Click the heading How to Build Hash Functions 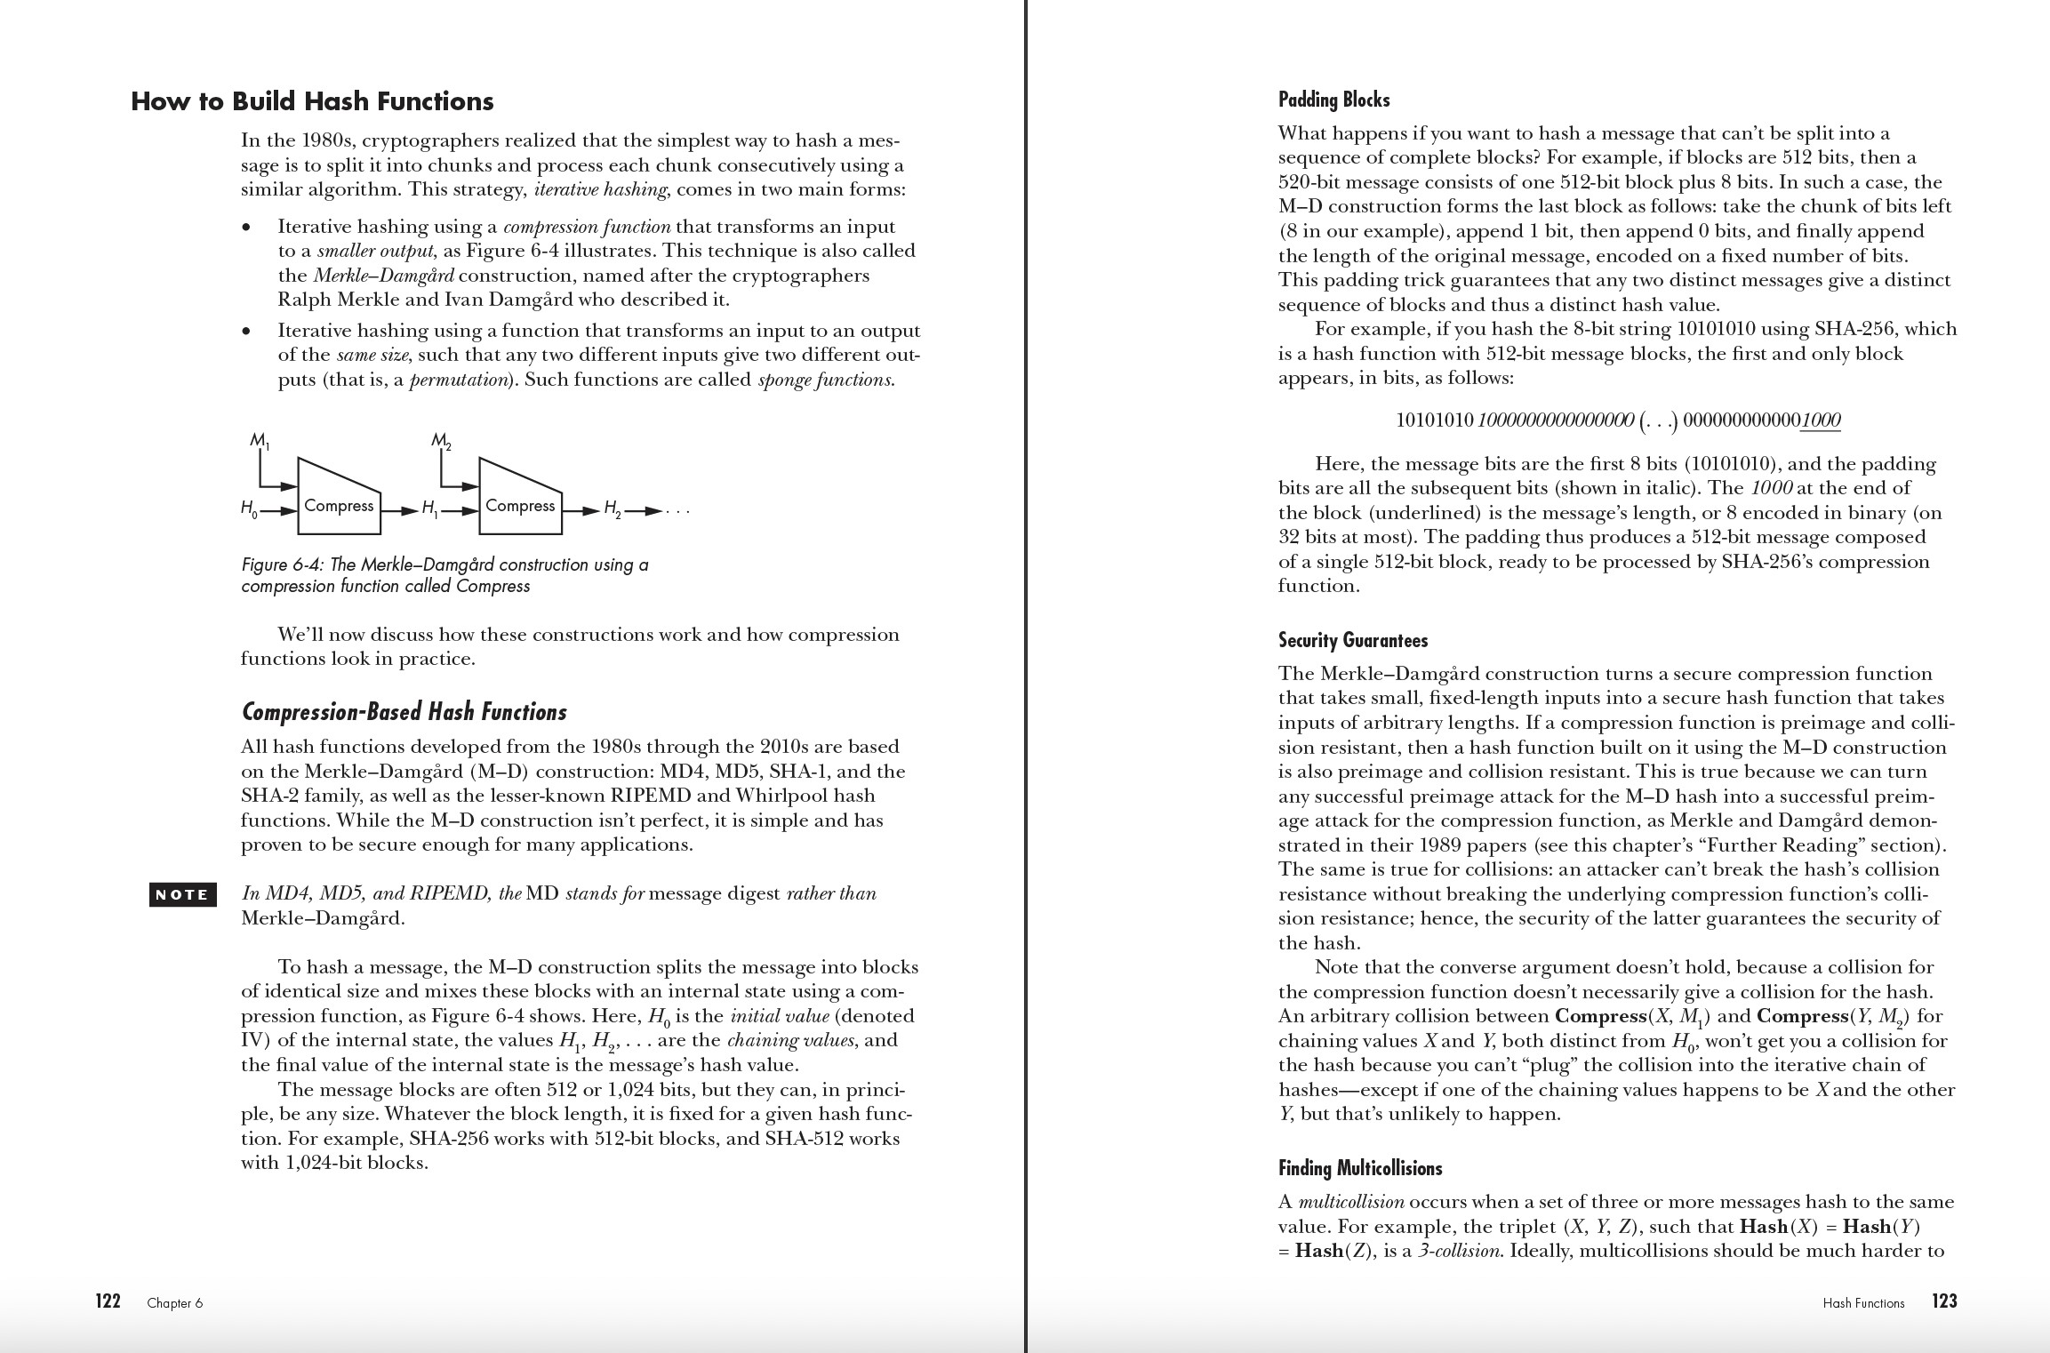tap(312, 101)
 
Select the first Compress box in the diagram tap(339, 505)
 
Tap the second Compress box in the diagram tap(520, 505)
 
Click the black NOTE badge tap(182, 895)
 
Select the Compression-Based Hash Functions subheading tap(404, 712)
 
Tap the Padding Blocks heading tap(1333, 100)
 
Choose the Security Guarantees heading tap(1353, 640)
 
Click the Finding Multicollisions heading tap(1360, 1168)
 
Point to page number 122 tap(108, 1301)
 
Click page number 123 tap(1944, 1301)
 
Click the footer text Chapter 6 tap(175, 1303)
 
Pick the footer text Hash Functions tap(1863, 1303)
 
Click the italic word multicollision tap(1351, 1203)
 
